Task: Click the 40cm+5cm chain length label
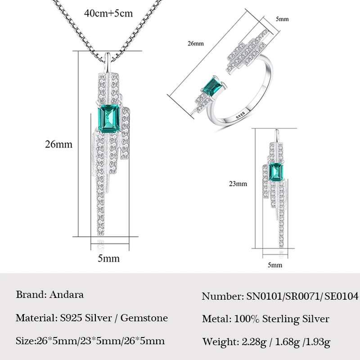108,13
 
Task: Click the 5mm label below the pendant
109,258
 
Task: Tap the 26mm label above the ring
196,44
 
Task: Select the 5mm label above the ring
282,20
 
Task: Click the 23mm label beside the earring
238,184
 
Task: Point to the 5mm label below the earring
275,265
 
